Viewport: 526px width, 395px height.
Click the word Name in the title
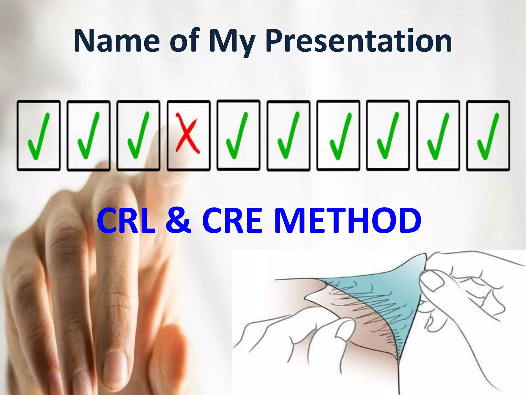click(117, 41)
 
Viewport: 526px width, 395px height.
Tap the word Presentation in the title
click(358, 41)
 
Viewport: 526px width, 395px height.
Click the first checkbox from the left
click(39, 136)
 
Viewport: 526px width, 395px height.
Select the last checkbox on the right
click(488, 136)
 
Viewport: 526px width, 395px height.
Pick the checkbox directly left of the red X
click(138, 136)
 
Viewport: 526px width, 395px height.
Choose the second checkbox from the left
click(89, 136)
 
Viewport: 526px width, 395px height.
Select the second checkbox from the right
click(438, 136)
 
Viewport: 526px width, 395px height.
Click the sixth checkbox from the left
click(288, 136)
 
